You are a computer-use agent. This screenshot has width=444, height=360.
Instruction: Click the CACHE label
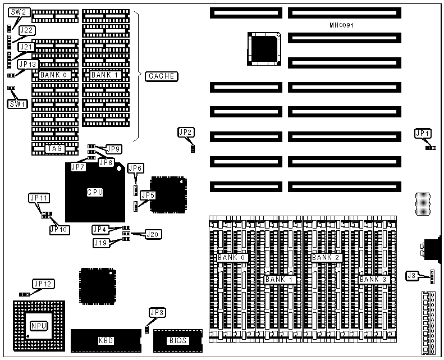coord(161,76)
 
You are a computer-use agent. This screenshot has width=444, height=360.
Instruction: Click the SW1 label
coord(17,103)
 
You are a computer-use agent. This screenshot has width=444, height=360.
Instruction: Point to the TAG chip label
coord(56,148)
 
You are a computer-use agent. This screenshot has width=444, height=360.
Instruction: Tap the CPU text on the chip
coord(95,192)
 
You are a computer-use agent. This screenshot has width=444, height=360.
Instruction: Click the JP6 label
coord(136,168)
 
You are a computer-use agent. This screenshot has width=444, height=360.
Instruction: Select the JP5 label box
coord(148,195)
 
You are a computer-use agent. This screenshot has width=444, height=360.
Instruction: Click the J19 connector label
coord(102,243)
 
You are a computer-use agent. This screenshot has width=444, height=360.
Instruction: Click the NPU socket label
coord(38,325)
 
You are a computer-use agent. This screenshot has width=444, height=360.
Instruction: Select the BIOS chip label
coord(177,340)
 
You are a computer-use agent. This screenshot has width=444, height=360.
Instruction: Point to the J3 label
coord(413,275)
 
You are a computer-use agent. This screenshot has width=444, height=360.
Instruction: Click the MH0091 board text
coord(341,26)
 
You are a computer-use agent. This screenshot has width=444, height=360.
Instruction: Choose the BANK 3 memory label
coord(373,279)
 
